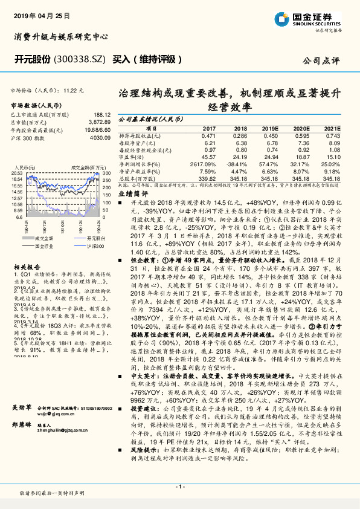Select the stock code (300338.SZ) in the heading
(x=82, y=59)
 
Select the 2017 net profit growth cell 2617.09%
(x=203, y=164)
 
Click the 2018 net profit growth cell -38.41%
(x=237, y=164)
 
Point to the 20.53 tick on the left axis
(x=17, y=173)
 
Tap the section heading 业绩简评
(x=132, y=194)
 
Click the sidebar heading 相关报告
(x=24, y=266)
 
